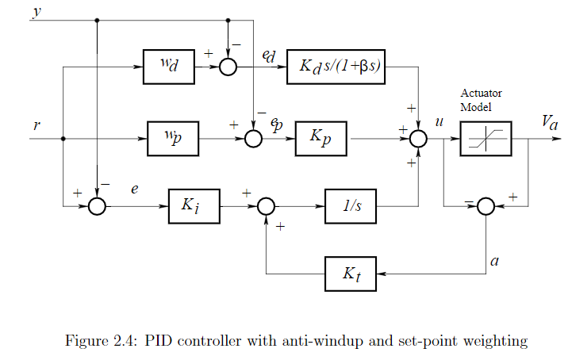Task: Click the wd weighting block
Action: pos(169,66)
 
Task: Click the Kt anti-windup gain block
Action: pos(350,274)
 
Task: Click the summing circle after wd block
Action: pos(228,67)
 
